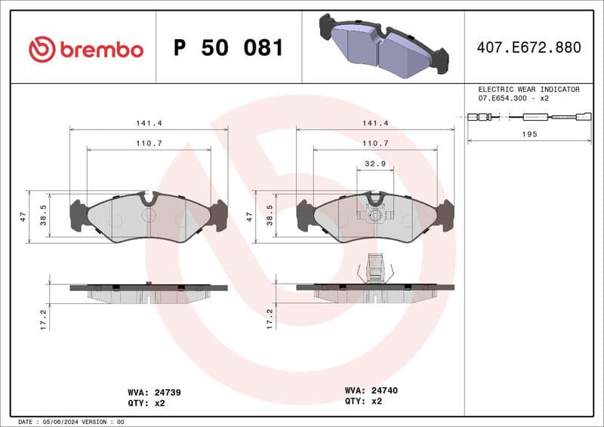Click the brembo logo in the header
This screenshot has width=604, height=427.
[85, 49]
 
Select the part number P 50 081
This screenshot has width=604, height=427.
[228, 48]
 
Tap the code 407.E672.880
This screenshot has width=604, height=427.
[528, 48]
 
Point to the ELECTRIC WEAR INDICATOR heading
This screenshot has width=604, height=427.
[528, 89]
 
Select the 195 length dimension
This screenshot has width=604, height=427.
[529, 134]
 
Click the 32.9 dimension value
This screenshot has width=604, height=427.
[374, 163]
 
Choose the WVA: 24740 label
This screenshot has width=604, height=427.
[371, 391]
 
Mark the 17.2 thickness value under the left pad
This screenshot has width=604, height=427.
[43, 318]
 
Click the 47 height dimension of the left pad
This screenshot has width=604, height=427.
[23, 217]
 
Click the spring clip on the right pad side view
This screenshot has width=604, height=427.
[375, 268]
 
